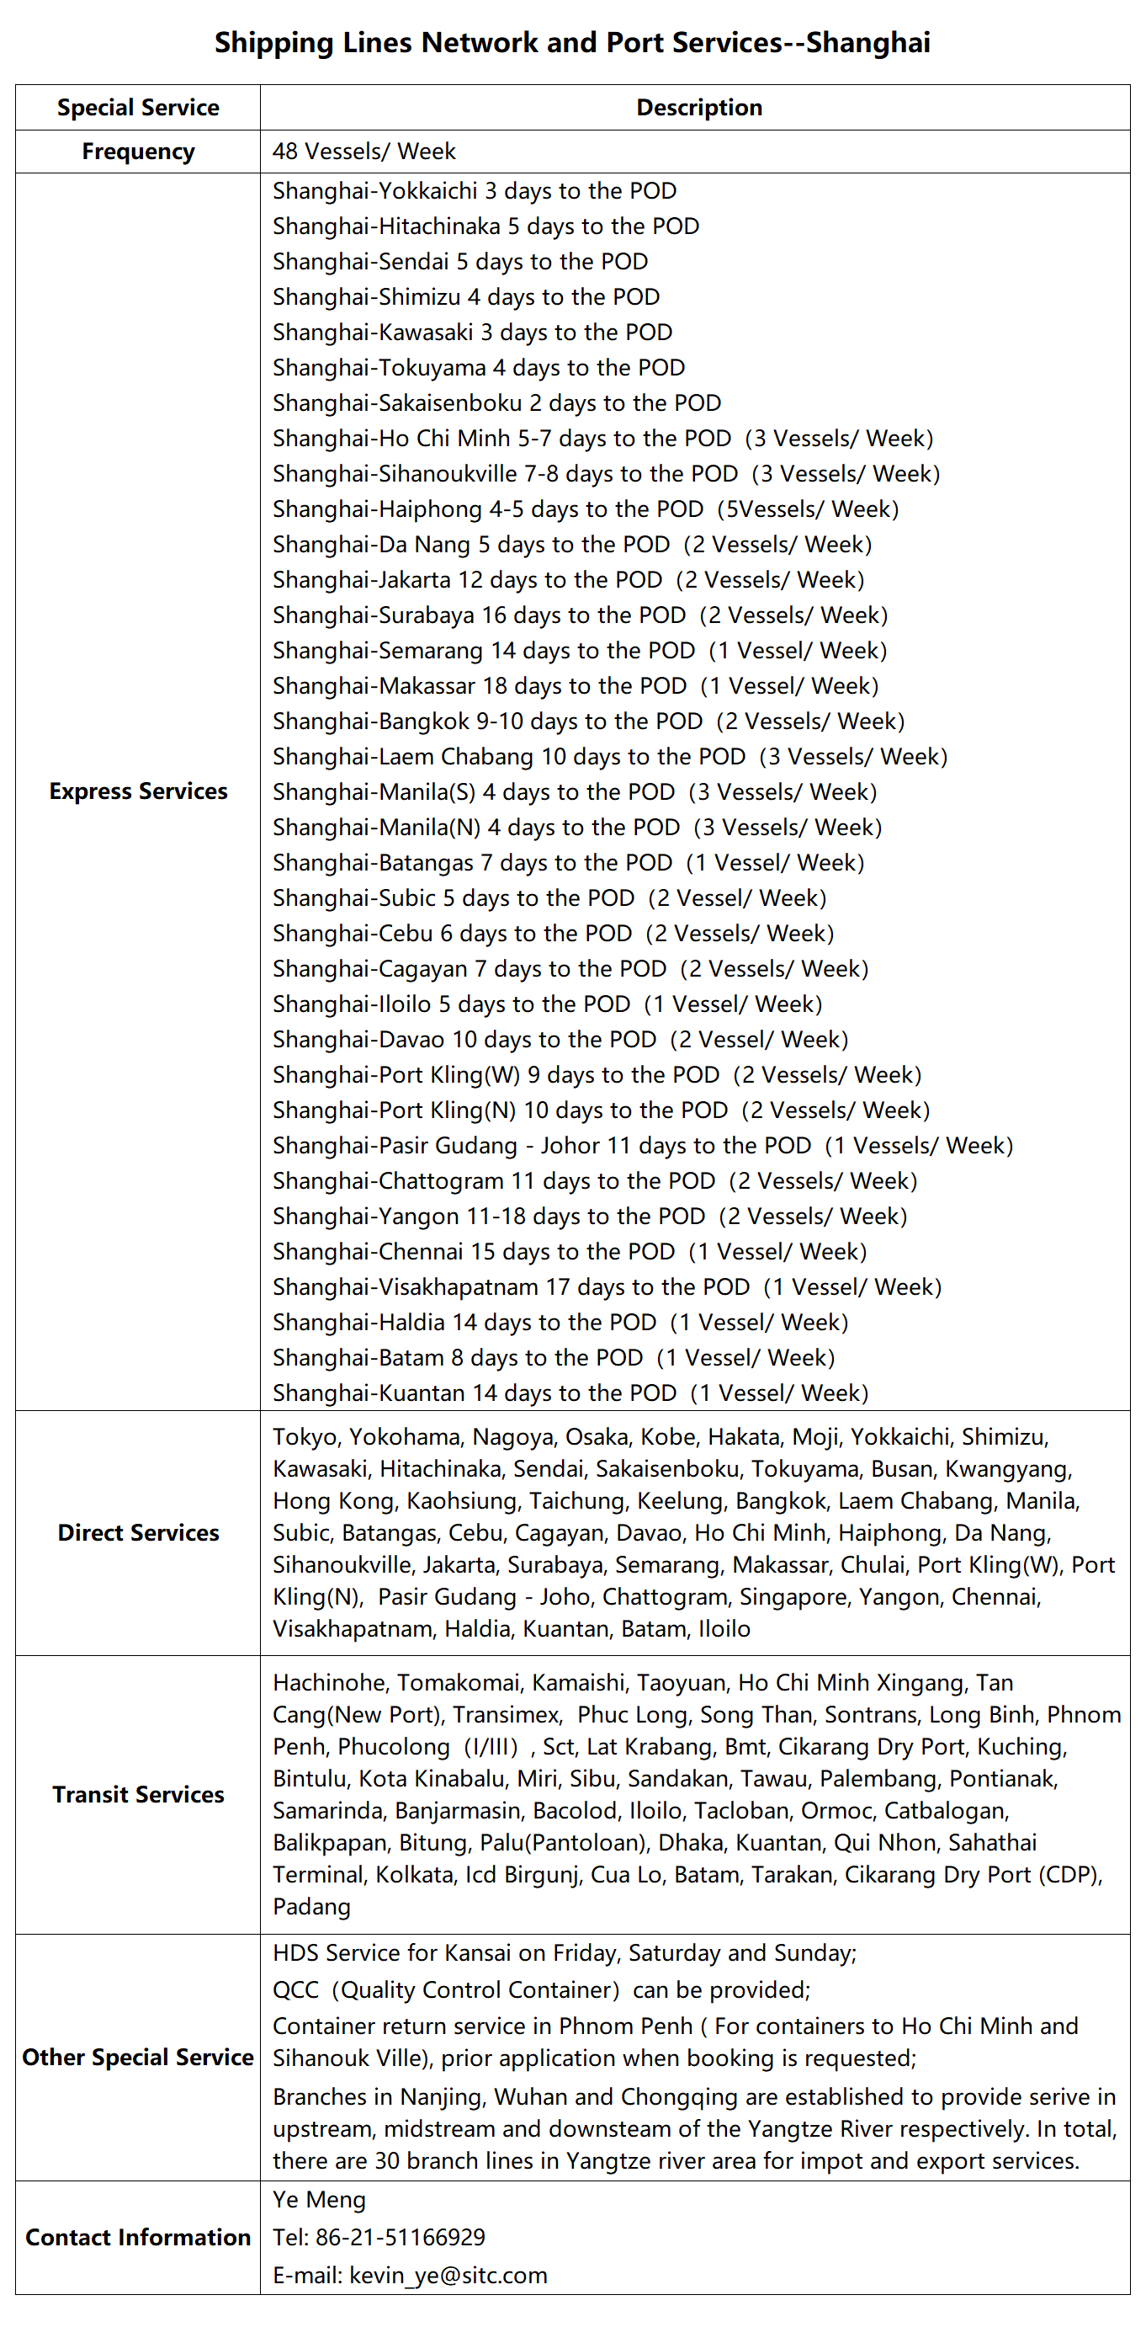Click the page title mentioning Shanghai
click(x=571, y=42)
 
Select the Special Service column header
click(x=138, y=108)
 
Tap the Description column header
click(x=698, y=108)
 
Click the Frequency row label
click(x=138, y=152)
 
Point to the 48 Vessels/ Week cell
click(x=364, y=152)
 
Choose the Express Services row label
click(x=138, y=791)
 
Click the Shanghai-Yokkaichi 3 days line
click(x=474, y=191)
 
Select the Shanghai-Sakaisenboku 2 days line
click(x=496, y=403)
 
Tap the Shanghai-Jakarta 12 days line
click(x=568, y=580)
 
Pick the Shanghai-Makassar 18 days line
click(x=576, y=685)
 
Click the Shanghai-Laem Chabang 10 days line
click(x=609, y=757)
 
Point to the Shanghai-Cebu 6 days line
click(x=553, y=933)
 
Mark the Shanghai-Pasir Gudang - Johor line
click(x=642, y=1146)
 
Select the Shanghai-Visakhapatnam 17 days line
click(x=607, y=1287)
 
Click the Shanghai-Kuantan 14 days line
click(x=570, y=1393)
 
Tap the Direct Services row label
click(x=138, y=1533)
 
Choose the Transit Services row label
click(x=138, y=1794)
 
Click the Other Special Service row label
click(x=138, y=2057)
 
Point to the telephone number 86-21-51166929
click(x=400, y=2237)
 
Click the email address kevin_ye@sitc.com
click(x=448, y=2275)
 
